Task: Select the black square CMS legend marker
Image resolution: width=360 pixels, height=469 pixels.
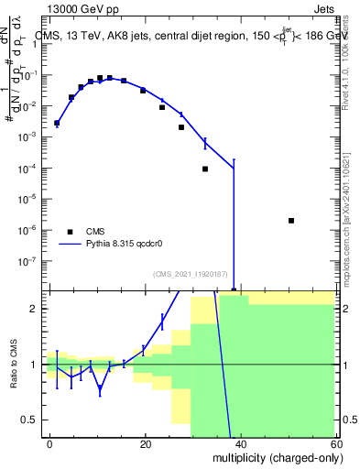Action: [70, 232]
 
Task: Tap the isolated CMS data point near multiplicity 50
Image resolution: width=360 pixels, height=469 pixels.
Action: [290, 221]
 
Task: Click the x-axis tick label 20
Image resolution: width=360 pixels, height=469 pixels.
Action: [146, 443]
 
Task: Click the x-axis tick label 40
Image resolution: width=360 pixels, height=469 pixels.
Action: [241, 443]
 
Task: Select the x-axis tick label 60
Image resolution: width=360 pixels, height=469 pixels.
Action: [335, 443]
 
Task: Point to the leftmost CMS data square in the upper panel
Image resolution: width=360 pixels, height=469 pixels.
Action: [57, 123]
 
